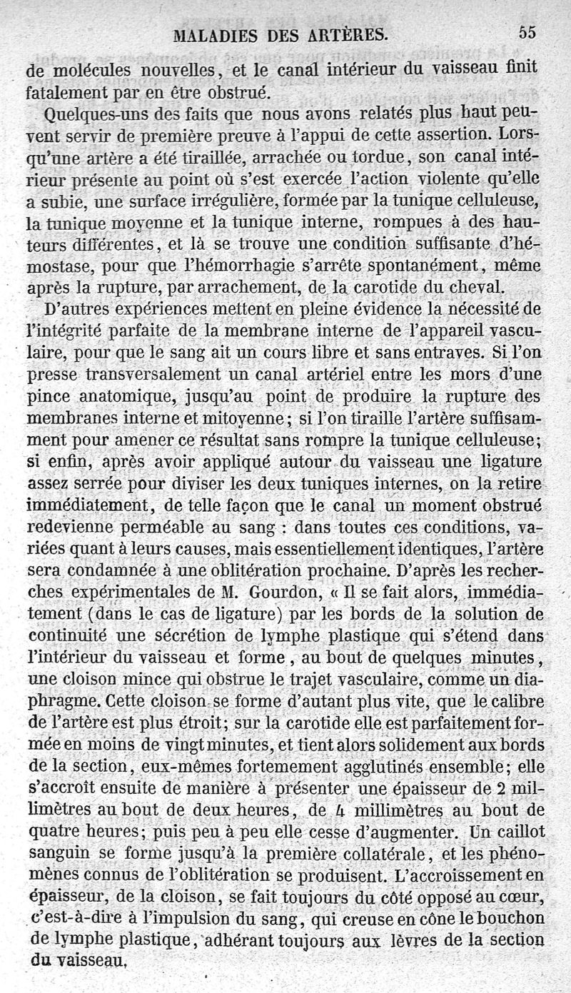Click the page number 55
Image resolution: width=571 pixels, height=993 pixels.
(527, 32)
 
